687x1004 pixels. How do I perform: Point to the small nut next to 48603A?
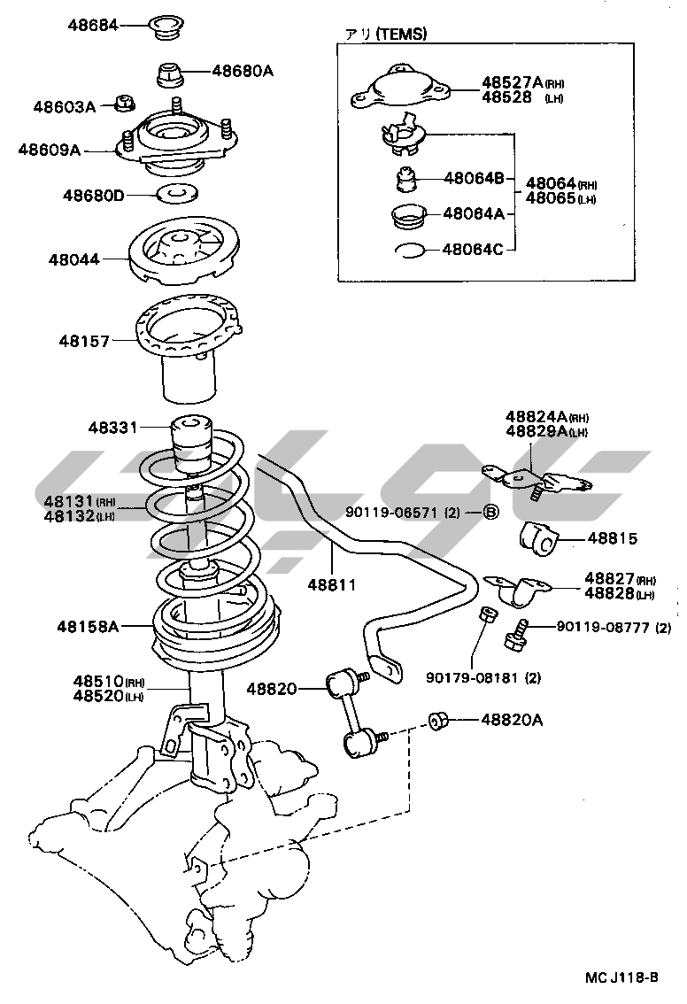125,104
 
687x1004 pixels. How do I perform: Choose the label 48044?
74,259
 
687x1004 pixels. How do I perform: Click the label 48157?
85,339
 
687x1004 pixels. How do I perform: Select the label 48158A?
89,627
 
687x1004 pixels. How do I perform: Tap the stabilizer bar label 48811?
331,584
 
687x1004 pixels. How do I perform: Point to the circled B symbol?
492,512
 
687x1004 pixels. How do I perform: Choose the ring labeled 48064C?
410,250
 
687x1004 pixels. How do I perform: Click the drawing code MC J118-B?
621,977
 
